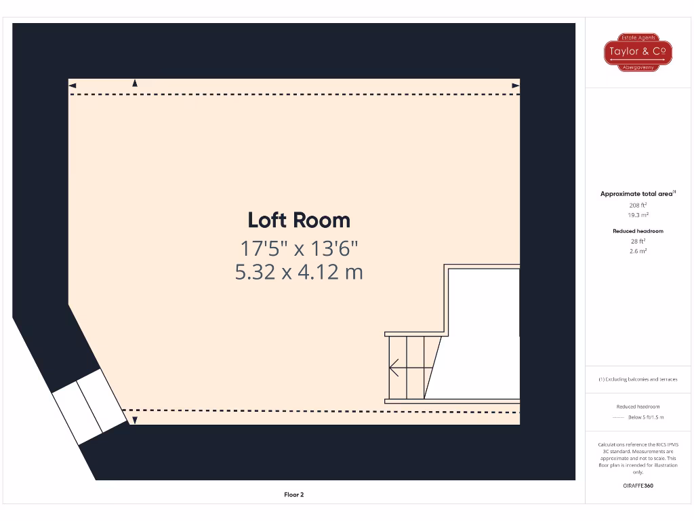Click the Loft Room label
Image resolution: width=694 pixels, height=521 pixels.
[299, 220]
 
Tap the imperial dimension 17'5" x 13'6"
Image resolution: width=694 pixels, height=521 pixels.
[299, 248]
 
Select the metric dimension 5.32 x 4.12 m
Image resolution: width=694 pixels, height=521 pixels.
[299, 272]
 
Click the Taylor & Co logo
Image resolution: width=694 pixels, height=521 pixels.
[638, 52]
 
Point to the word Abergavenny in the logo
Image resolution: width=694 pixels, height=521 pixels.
[638, 67]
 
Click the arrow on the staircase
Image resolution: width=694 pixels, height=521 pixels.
[394, 367]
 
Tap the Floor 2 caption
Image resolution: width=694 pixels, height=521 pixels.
[293, 495]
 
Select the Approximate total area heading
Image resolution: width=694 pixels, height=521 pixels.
[638, 194]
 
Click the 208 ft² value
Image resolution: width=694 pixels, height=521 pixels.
[638, 204]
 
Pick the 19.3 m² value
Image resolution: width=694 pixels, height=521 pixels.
[638, 214]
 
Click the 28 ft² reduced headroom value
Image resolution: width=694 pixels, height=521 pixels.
[638, 241]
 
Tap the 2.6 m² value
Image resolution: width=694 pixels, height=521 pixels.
[638, 251]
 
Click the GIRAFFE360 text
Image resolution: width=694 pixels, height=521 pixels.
[638, 486]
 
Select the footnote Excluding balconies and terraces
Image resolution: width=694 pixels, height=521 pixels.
[638, 379]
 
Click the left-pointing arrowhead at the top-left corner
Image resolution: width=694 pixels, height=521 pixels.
[73, 85]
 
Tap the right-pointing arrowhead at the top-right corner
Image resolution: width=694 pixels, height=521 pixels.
[516, 85]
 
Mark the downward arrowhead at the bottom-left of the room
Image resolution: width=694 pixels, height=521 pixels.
[134, 421]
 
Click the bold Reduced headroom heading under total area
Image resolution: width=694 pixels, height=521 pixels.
[638, 231]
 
